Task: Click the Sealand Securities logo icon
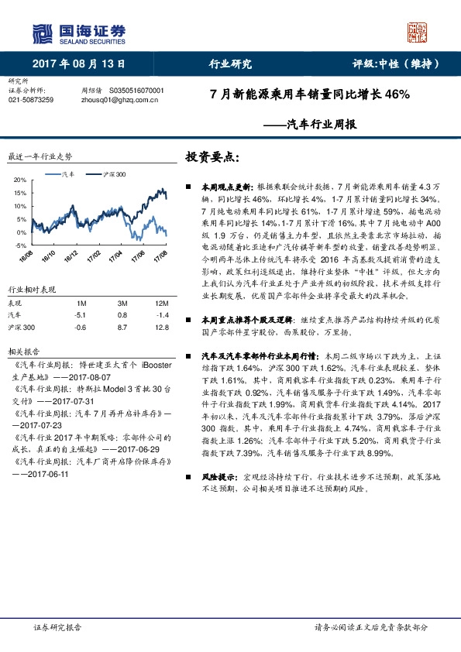tap(42, 33)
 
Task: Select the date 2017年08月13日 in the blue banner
tap(78, 64)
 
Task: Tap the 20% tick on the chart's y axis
tap(20, 180)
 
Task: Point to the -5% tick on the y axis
tap(20, 245)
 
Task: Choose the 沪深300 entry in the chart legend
tap(114, 176)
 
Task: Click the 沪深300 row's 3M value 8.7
tap(122, 327)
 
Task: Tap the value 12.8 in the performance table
tap(161, 327)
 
